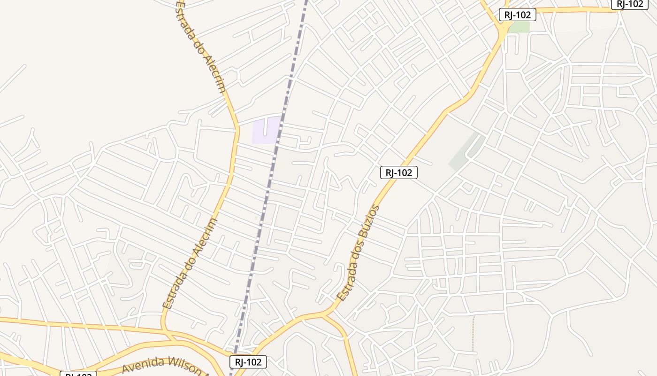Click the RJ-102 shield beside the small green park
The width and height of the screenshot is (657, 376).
(x=517, y=15)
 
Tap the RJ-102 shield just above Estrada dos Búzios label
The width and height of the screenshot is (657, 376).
(x=398, y=172)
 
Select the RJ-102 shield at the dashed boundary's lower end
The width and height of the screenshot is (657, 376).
(x=248, y=362)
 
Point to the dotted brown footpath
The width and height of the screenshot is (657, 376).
(x=473, y=334)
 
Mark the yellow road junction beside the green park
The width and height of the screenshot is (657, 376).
(x=504, y=29)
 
